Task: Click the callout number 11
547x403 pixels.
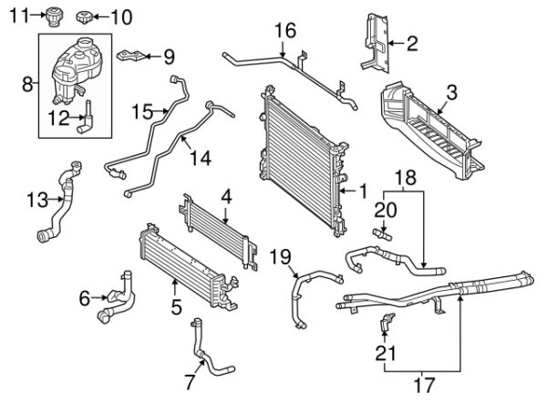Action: [19, 15]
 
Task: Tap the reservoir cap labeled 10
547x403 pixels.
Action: [85, 17]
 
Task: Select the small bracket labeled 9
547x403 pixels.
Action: [130, 56]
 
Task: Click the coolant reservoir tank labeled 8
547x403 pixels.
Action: [77, 71]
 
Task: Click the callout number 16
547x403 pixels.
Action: [285, 30]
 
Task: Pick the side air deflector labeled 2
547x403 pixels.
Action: [375, 43]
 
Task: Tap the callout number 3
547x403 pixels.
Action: [451, 93]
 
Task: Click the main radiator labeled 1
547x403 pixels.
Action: [303, 160]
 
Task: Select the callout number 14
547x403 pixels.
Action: [201, 158]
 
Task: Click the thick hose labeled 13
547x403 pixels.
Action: [59, 201]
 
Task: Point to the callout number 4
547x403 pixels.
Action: [226, 198]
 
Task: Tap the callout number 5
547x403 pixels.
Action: [176, 307]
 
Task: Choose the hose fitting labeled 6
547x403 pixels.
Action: [117, 296]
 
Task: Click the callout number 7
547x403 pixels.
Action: [190, 382]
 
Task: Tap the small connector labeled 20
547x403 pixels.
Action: [382, 233]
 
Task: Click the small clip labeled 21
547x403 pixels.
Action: [387, 322]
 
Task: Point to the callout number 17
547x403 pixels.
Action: [424, 385]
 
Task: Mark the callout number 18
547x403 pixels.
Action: [406, 177]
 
